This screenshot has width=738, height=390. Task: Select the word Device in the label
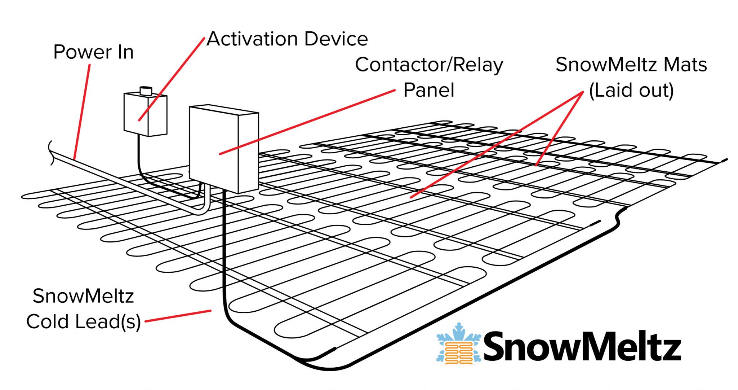coord(336,39)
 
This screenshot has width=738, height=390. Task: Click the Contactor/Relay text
coord(428,65)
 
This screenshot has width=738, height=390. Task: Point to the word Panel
coord(428,90)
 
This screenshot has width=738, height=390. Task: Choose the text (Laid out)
coord(631,90)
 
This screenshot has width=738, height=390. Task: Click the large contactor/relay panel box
coord(223,148)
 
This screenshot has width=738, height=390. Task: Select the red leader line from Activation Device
coord(172,79)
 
